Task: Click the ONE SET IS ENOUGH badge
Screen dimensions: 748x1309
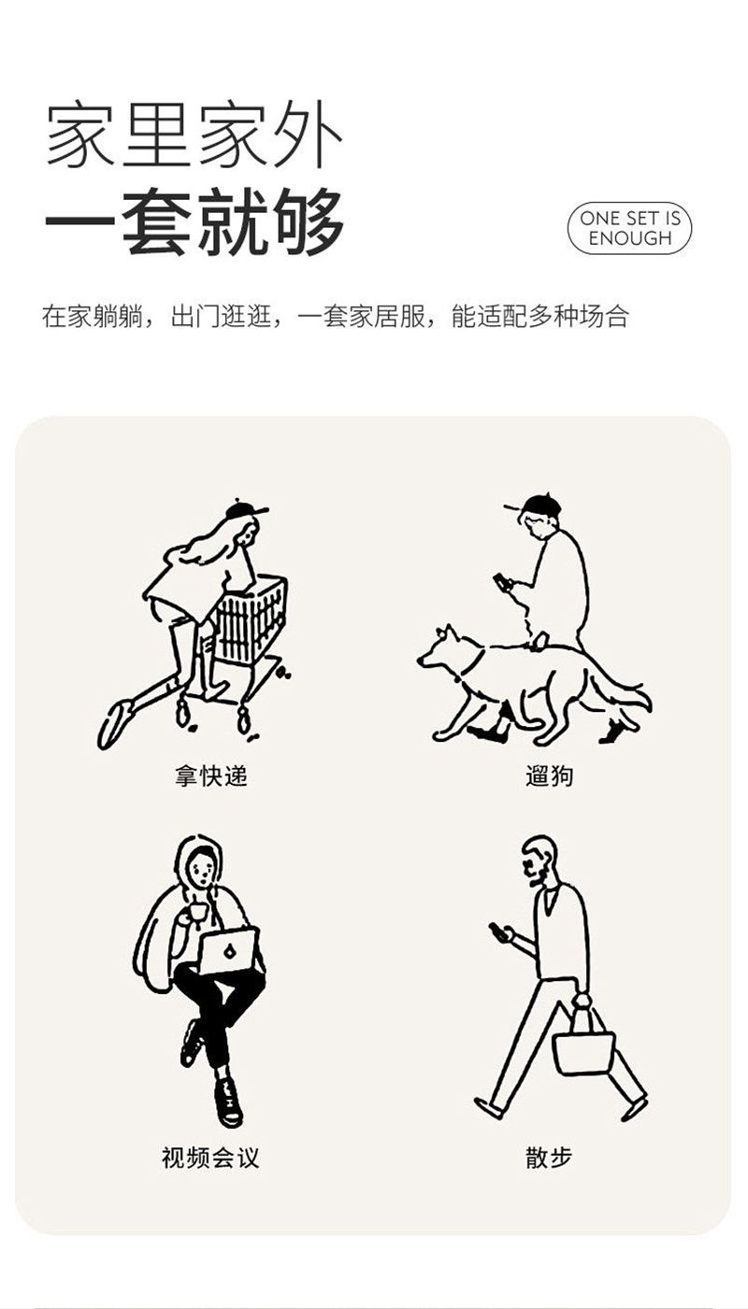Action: pos(629,229)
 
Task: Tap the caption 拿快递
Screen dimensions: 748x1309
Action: pos(211,776)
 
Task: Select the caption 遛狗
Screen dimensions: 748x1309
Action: pos(549,776)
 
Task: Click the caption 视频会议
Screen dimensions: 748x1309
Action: pos(210,1157)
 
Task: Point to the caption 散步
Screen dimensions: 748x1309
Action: pos(549,1157)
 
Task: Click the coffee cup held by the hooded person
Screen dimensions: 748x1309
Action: pos(197,913)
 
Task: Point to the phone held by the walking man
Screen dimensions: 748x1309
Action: pos(497,931)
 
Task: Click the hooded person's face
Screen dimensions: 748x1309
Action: pos(202,869)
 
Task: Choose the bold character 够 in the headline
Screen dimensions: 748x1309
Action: pos(309,222)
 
